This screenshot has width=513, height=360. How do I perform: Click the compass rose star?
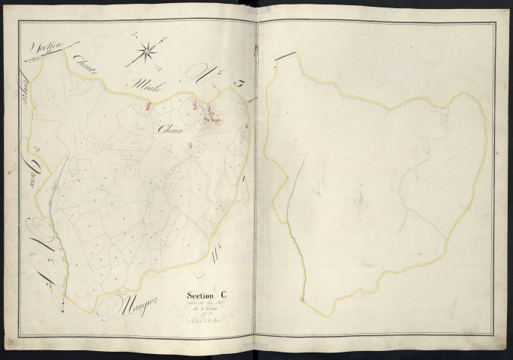click(x=148, y=52)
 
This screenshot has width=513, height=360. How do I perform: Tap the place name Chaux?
click(x=171, y=128)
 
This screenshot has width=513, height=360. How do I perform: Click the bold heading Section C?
click(x=203, y=295)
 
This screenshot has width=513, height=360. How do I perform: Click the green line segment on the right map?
click(x=284, y=55)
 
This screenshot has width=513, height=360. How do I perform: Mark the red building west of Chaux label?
click(x=148, y=106)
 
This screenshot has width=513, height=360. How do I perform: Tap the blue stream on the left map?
click(x=52, y=187)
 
